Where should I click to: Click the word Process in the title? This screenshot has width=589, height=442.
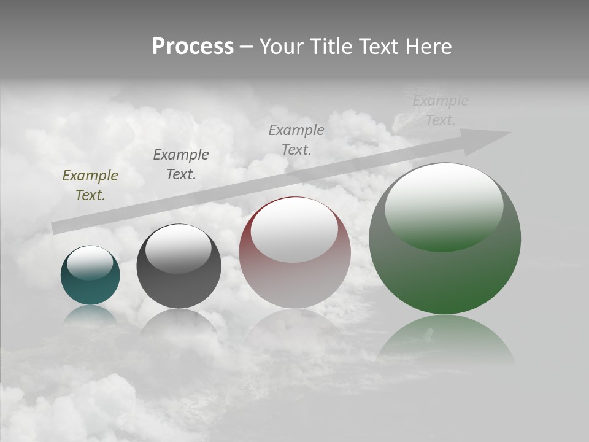(193, 47)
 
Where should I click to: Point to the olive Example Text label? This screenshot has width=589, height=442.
(90, 185)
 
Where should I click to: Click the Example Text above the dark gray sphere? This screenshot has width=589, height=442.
(181, 164)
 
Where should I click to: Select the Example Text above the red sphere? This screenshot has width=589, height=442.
(296, 139)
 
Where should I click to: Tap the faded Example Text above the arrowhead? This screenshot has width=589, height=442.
(440, 110)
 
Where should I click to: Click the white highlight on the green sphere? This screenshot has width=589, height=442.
(444, 206)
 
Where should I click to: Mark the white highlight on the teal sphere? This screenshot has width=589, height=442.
(90, 263)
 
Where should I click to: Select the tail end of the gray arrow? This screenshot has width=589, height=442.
(58, 227)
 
